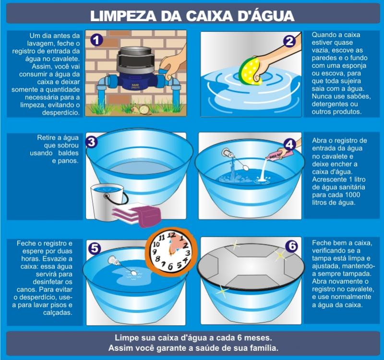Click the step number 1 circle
pos(96,40)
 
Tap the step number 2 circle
pos(289,41)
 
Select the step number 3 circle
pos(92,142)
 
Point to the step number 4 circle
pos(290,145)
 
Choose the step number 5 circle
pos(95,248)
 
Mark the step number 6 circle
pos(292,246)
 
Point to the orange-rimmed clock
pos(171,252)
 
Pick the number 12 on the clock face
pos(171,236)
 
